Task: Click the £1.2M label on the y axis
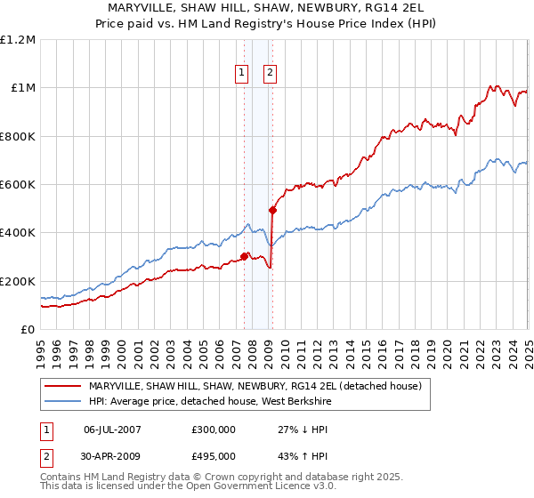pos(18,40)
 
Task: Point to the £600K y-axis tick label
pos(18,185)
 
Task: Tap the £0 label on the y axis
pos(28,330)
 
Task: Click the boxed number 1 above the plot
pos(242,75)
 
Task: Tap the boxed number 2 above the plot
pos(271,75)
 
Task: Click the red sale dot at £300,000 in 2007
pos(244,257)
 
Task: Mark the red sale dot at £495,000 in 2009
pos(273,210)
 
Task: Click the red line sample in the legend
pos(63,385)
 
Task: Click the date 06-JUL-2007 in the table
pos(111,429)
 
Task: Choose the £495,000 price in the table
pos(214,455)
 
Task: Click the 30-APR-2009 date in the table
pos(111,455)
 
